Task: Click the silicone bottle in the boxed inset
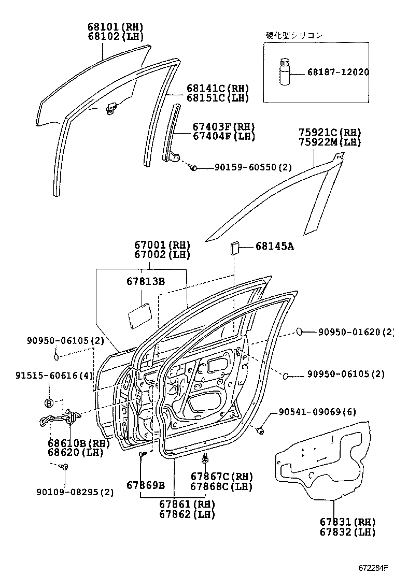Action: [284, 72]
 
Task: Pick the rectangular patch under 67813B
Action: [138, 314]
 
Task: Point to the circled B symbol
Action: [49, 402]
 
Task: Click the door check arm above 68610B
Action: [58, 418]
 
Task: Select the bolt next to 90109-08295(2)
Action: [65, 467]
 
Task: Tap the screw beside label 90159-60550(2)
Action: [193, 167]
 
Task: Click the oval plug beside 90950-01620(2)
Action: [300, 332]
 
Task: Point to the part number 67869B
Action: [146, 485]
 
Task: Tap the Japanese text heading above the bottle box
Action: [294, 35]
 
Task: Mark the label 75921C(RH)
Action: [329, 133]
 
